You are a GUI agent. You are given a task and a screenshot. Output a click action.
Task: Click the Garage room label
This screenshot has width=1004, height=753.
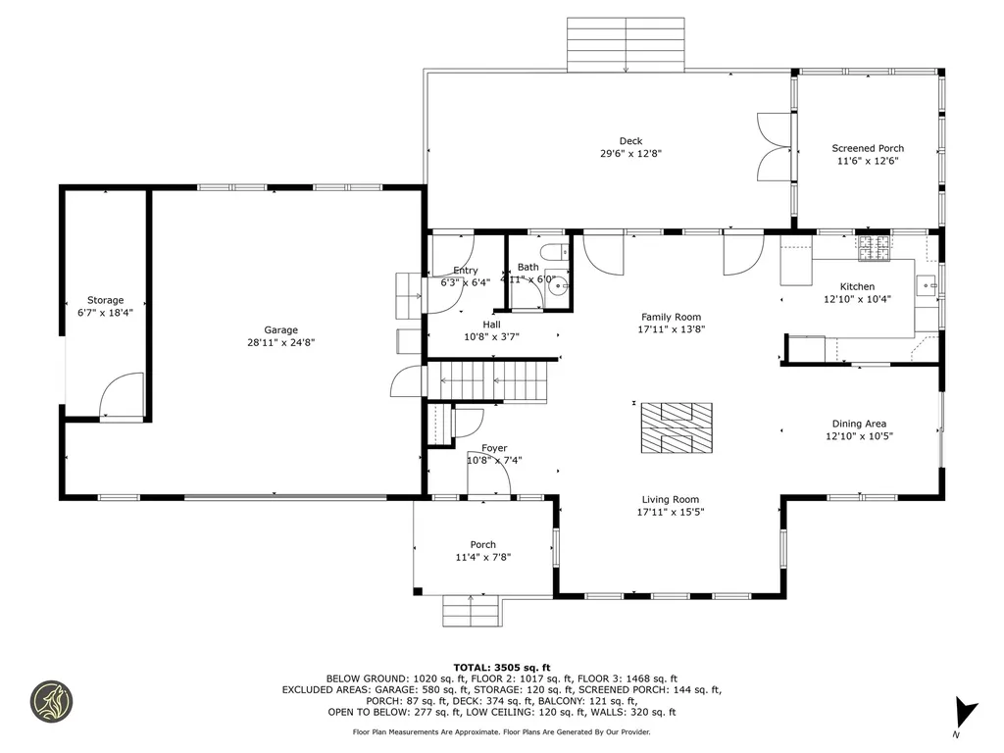(x=280, y=330)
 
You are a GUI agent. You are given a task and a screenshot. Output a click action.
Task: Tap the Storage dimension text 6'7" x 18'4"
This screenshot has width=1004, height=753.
(x=105, y=313)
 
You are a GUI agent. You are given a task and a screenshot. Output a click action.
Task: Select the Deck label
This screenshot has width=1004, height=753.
(x=630, y=141)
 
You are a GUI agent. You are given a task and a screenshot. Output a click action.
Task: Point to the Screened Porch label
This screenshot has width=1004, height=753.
(x=868, y=148)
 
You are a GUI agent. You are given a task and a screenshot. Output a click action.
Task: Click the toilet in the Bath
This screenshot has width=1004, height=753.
(x=552, y=252)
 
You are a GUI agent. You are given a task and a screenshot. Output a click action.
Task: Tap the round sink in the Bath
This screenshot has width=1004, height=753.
(x=558, y=287)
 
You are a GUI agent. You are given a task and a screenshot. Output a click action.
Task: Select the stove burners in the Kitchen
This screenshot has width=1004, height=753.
(x=873, y=249)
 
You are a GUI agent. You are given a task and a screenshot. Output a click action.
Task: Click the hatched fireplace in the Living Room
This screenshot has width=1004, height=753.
(x=676, y=428)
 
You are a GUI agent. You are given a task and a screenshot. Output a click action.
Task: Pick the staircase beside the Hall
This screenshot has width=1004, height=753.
(x=487, y=381)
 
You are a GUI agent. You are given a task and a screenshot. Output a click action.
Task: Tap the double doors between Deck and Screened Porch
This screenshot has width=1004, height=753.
(x=774, y=148)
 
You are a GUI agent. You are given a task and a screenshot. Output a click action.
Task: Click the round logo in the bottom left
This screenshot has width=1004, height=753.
(x=51, y=701)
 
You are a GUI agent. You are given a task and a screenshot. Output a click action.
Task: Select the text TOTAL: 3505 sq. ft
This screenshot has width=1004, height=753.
(x=501, y=667)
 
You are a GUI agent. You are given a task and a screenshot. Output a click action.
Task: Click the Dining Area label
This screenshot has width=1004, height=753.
(x=859, y=424)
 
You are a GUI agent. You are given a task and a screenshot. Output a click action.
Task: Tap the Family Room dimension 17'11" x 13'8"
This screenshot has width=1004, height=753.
(x=671, y=329)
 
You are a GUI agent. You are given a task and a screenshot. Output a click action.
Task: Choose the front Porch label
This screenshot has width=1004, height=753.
(x=482, y=545)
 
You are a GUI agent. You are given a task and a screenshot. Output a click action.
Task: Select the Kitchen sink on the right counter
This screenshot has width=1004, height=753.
(x=928, y=285)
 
